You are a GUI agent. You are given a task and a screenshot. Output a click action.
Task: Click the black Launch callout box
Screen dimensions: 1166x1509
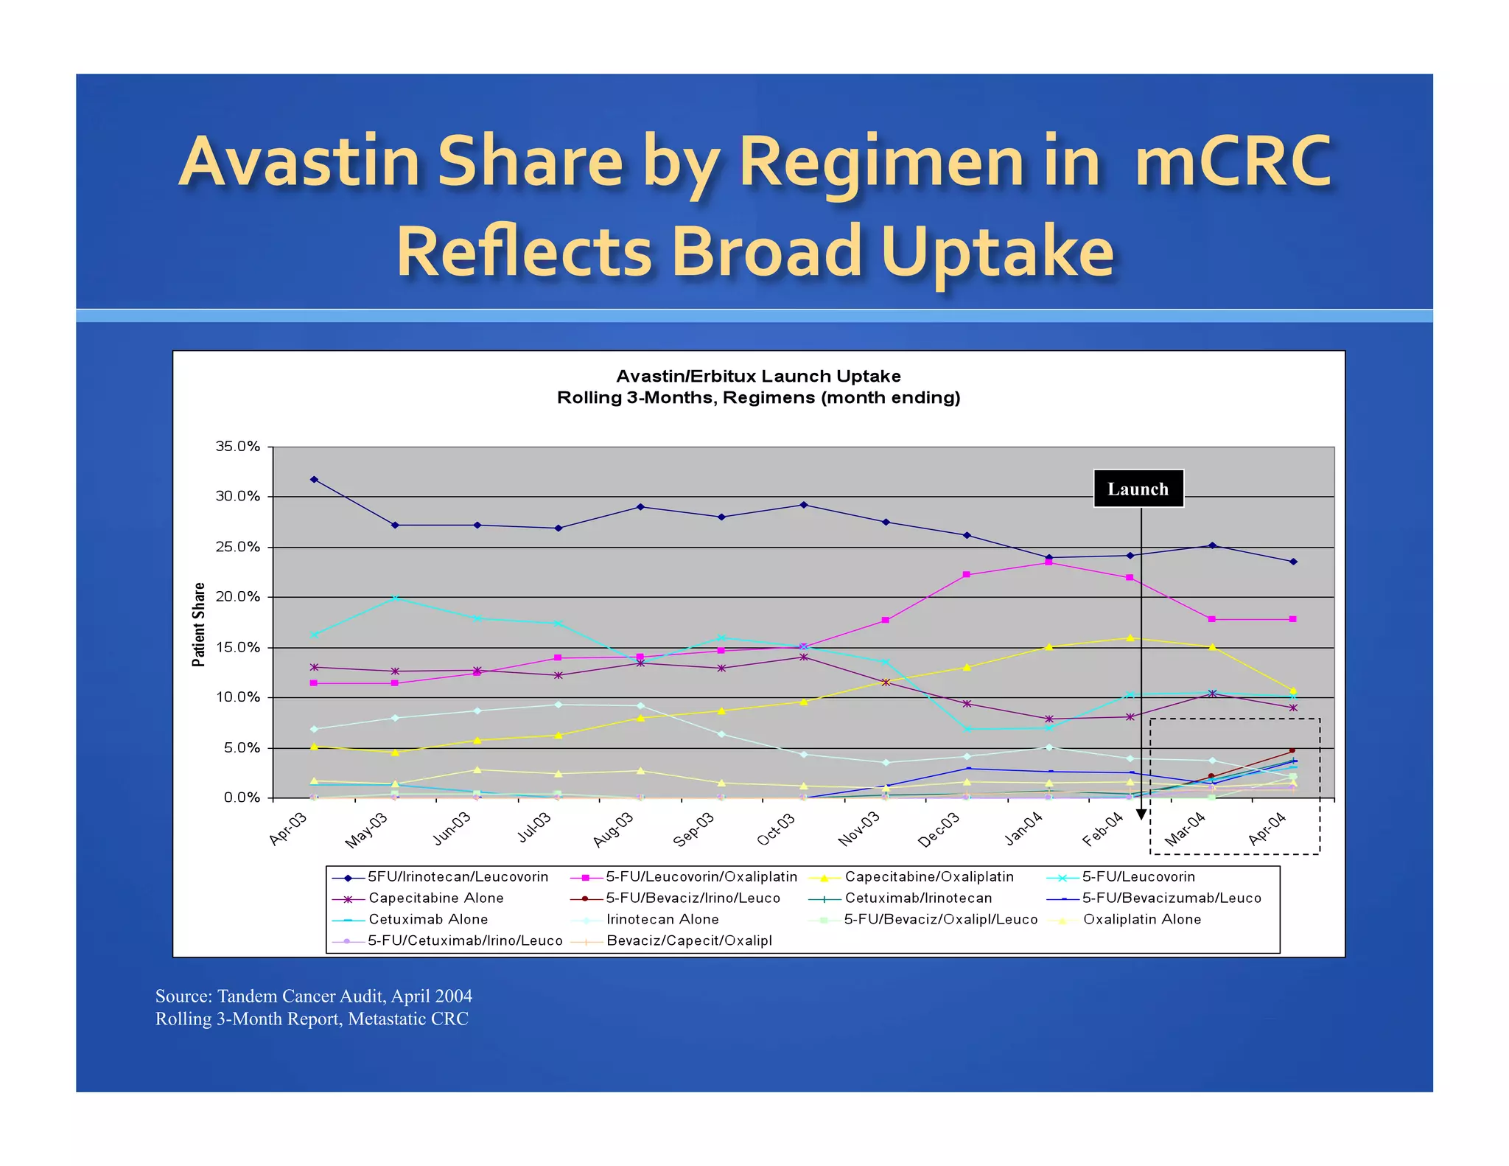click(1138, 489)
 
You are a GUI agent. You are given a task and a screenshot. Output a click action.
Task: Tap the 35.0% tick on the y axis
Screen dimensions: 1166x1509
click(237, 447)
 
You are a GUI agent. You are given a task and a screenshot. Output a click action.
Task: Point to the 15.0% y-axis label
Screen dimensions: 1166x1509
click(237, 647)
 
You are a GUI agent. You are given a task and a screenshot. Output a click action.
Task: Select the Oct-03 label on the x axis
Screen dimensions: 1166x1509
click(777, 830)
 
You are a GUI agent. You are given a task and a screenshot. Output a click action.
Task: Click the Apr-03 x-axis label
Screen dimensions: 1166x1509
click(288, 830)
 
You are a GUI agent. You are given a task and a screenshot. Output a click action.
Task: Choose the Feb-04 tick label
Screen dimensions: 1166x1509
click(1102, 830)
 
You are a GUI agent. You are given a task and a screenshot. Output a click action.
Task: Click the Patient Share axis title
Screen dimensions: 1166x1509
click(198, 624)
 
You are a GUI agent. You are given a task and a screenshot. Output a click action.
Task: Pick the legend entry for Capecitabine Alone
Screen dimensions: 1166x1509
click(435, 898)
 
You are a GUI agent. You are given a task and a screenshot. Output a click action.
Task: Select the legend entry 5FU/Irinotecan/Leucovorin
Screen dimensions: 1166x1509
click(458, 876)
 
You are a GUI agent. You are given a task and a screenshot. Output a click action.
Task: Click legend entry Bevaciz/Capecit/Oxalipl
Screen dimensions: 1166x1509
click(689, 940)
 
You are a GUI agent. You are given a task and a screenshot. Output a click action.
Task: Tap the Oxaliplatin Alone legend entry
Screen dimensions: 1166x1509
click(1141, 919)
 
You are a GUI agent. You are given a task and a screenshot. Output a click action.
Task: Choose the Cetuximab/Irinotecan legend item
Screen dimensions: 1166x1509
click(918, 898)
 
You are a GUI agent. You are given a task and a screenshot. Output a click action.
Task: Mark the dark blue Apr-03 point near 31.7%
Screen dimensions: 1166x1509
click(314, 479)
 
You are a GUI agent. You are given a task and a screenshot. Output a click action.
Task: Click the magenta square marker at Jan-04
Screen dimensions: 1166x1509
click(1048, 562)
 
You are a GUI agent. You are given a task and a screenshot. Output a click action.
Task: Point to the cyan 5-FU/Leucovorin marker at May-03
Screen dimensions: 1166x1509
click(396, 598)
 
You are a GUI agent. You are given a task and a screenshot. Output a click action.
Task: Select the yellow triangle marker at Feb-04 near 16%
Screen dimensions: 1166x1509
click(1130, 638)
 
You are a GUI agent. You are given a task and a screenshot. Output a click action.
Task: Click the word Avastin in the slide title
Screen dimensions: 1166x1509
click(301, 161)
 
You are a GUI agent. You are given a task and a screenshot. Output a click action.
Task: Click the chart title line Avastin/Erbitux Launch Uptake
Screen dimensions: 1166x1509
click(758, 376)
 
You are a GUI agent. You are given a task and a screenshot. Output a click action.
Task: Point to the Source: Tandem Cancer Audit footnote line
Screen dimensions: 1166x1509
click(313, 996)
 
